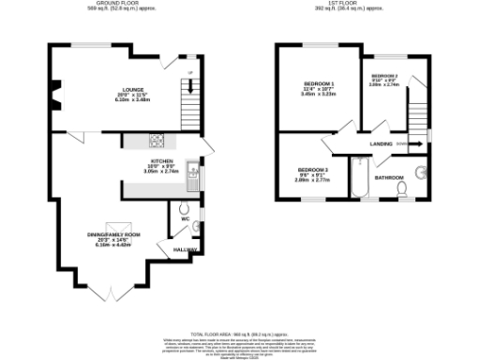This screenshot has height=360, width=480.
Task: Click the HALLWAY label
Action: tap(185, 250)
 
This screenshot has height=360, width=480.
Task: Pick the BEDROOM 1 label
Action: tap(319, 84)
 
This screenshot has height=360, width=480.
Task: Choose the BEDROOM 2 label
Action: tap(384, 75)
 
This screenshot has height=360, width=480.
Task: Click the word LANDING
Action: tap(382, 144)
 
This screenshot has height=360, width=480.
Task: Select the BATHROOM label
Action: tap(389, 177)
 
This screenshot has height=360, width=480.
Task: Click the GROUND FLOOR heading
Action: tap(119, 5)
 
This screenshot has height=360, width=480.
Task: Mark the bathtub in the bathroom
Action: tap(358, 178)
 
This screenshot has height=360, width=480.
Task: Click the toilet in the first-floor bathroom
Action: tap(402, 190)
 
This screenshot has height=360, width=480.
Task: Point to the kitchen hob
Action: tap(155, 141)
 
